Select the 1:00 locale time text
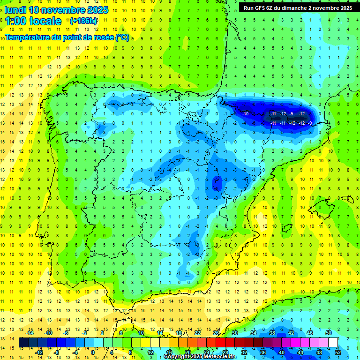tap(33, 21)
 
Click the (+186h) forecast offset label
tap(84, 21)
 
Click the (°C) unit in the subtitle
tap(122, 37)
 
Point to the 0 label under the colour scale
tap(93, 352)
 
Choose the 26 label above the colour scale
tap(216, 333)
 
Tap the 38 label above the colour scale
tap(272, 333)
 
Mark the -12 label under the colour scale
tap(39, 352)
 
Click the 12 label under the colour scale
tap(150, 352)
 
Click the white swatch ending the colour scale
tap(333, 343)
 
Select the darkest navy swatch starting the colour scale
tap(24, 343)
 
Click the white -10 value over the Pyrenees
tap(245, 114)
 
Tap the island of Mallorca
tap(325, 204)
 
